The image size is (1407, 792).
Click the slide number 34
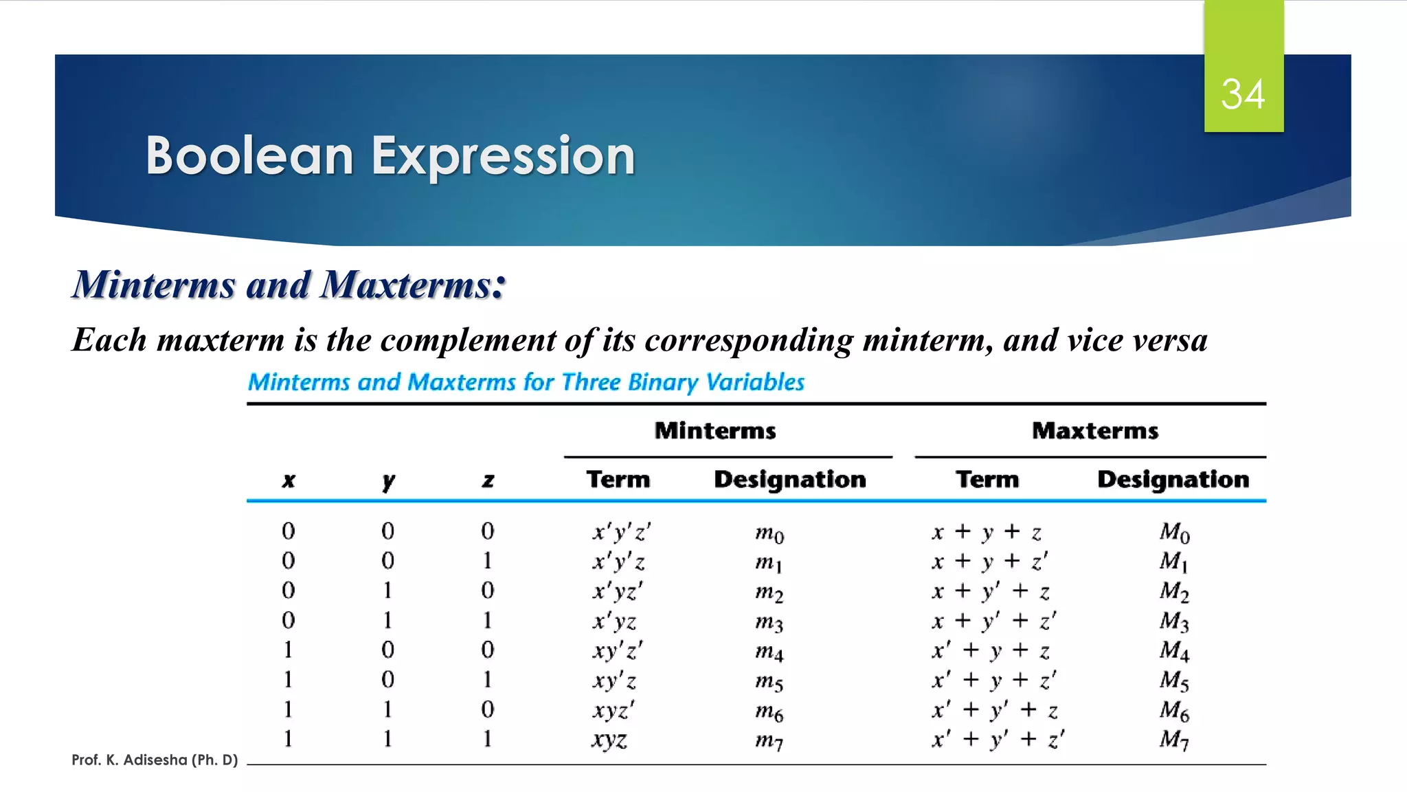pyautogui.click(x=1243, y=94)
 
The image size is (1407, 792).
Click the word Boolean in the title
pyautogui.click(x=249, y=156)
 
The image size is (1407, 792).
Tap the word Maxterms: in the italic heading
pyautogui.click(x=413, y=285)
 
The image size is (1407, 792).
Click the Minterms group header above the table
pyautogui.click(x=715, y=431)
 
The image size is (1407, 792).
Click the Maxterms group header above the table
pyautogui.click(x=1095, y=431)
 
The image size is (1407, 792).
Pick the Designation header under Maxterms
pyautogui.click(x=1173, y=479)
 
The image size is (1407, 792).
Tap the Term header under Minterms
pyautogui.click(x=618, y=479)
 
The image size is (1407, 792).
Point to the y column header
pyautogui.click(x=388, y=481)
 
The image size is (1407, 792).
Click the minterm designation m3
pyautogui.click(x=769, y=622)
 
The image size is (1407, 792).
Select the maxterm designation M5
pyautogui.click(x=1174, y=681)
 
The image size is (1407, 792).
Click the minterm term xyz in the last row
pyautogui.click(x=609, y=740)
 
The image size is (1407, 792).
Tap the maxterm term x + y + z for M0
pyautogui.click(x=987, y=532)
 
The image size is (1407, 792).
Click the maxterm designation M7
pyautogui.click(x=1174, y=740)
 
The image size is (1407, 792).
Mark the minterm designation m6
pyautogui.click(x=769, y=712)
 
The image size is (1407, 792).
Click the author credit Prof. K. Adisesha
pyautogui.click(x=155, y=760)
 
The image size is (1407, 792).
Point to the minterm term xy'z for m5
pyautogui.click(x=614, y=681)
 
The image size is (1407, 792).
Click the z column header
pyautogui.click(x=488, y=481)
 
